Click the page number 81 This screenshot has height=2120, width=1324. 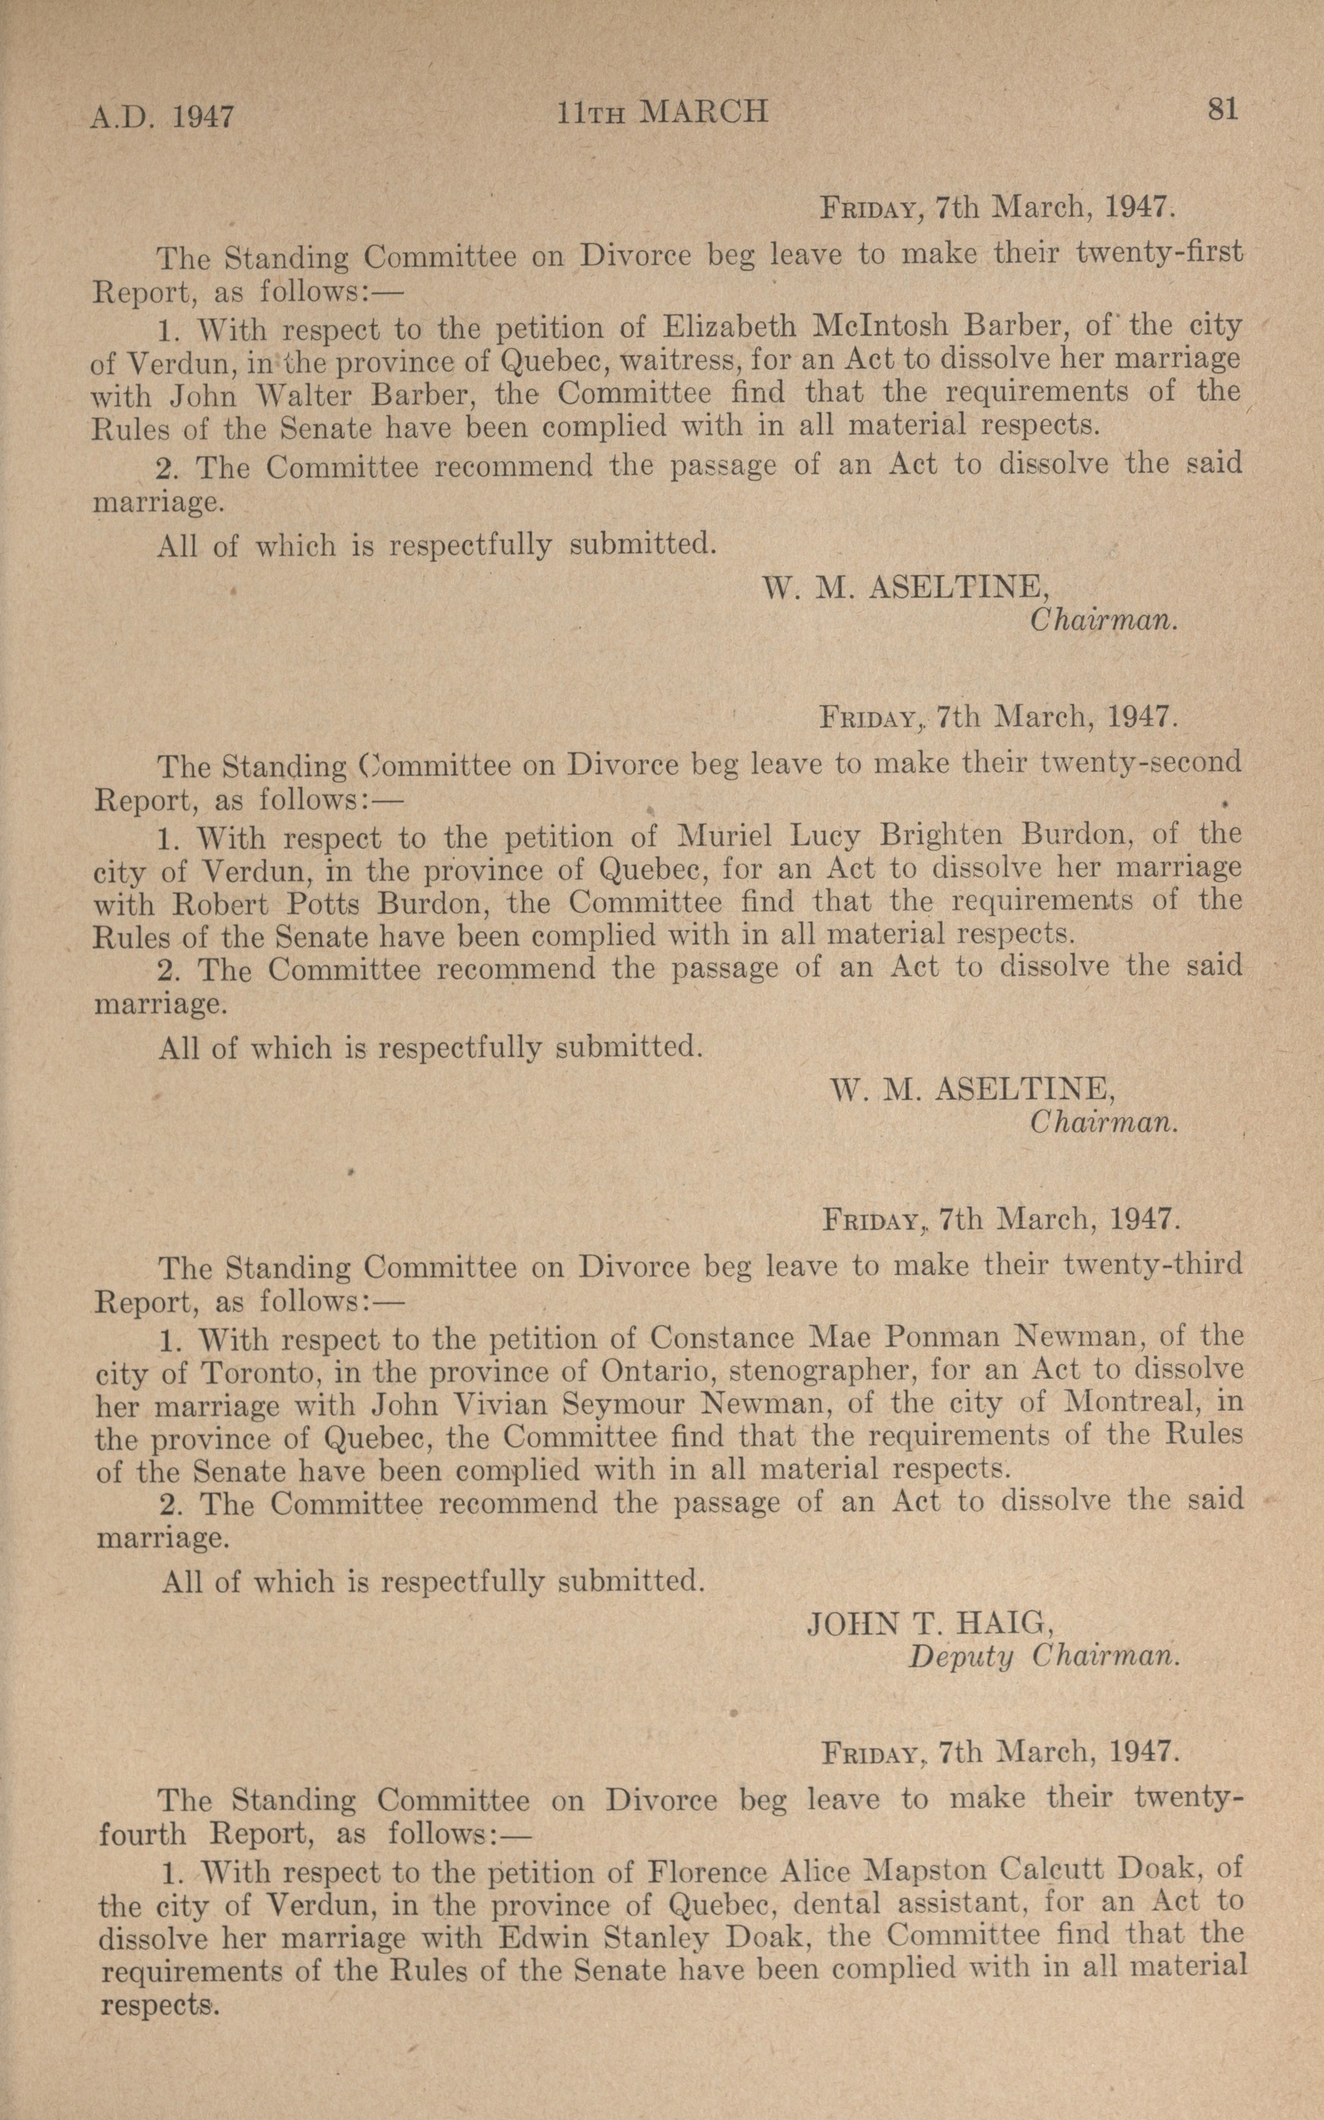pyautogui.click(x=1221, y=110)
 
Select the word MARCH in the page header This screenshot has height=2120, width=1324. pyautogui.click(x=704, y=112)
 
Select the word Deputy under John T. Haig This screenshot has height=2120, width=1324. pyautogui.click(x=961, y=1657)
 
